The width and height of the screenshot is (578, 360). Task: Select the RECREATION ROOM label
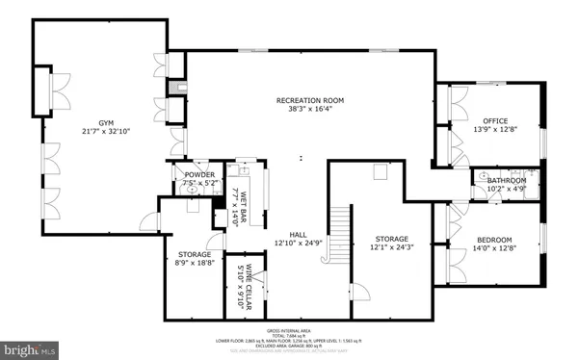(x=309, y=100)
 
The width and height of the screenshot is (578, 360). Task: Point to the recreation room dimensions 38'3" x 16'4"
(x=309, y=111)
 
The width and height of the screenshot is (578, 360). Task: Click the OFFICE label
(x=495, y=120)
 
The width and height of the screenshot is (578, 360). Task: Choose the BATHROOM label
(x=507, y=180)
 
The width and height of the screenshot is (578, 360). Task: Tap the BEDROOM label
(x=495, y=240)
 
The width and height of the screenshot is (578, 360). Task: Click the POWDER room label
(x=200, y=174)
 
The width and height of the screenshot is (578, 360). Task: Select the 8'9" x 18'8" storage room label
(x=194, y=255)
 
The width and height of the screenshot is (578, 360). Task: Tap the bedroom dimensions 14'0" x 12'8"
(x=495, y=249)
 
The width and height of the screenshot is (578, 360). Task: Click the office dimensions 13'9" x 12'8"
(x=495, y=130)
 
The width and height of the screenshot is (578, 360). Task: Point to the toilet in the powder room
(x=193, y=191)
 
